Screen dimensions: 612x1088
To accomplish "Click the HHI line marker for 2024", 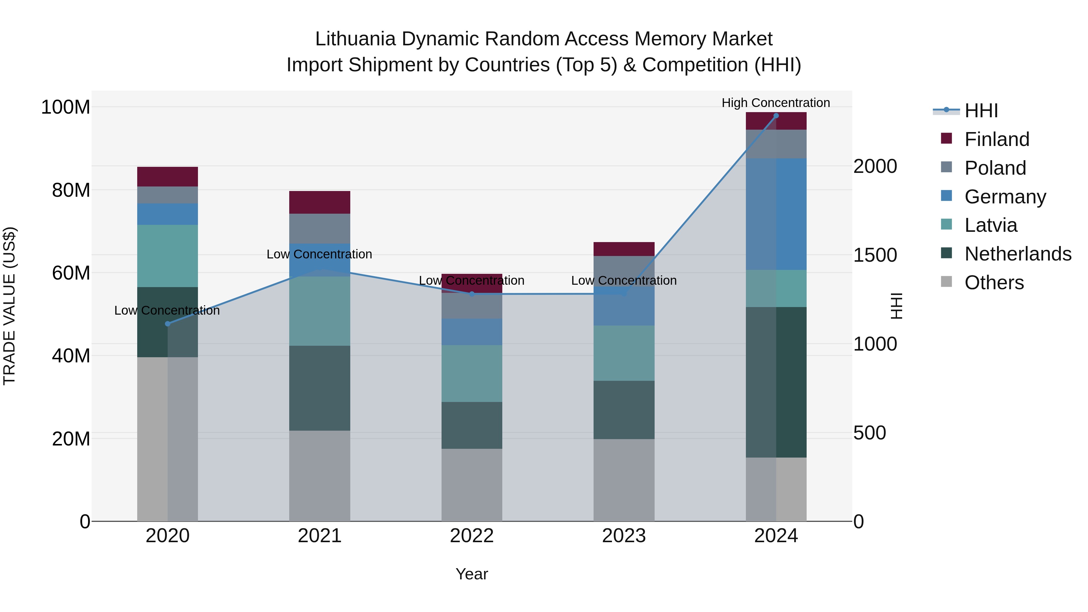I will pyautogui.click(x=776, y=116).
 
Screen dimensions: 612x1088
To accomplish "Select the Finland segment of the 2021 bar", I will pyautogui.click(x=320, y=202).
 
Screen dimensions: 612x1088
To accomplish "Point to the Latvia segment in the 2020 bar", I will pyautogui.click(x=168, y=256).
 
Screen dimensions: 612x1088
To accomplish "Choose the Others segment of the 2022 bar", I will pyautogui.click(x=472, y=485).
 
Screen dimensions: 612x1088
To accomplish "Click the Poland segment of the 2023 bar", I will pyautogui.click(x=624, y=271).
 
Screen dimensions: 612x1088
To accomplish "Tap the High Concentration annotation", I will pyautogui.click(x=776, y=103).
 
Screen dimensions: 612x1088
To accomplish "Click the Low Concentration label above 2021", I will pyautogui.click(x=319, y=254).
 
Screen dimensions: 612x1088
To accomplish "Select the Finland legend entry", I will pyautogui.click(x=997, y=139).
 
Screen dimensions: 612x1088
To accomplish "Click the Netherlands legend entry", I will pyautogui.click(x=1018, y=254).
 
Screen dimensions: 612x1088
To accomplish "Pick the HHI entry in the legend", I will pyautogui.click(x=981, y=111).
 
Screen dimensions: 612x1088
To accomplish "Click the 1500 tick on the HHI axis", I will pyautogui.click(x=875, y=255).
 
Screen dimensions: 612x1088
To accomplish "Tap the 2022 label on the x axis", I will pyautogui.click(x=472, y=536).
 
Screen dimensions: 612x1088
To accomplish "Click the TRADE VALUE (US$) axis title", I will pyautogui.click(x=9, y=306).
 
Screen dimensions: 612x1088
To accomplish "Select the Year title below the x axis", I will pyautogui.click(x=472, y=574).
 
